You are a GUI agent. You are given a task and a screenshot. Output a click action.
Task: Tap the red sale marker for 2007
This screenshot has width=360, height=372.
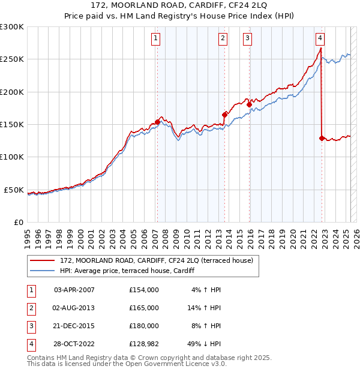point(157,122)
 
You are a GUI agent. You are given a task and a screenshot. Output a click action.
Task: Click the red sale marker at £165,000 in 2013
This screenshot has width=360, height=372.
point(224,115)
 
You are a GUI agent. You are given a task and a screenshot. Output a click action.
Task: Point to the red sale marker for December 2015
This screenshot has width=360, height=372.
point(249,105)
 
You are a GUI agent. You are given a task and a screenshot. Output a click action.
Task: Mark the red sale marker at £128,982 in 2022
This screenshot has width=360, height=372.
point(322,138)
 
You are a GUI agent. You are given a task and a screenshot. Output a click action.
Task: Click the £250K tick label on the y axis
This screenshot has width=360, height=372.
point(12,59)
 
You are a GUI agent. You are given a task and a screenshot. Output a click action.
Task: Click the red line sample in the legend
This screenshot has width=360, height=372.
point(43,260)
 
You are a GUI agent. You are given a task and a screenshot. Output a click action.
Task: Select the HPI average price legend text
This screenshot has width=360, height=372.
point(127,271)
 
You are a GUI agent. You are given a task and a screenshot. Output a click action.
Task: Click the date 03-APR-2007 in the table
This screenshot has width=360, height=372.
point(74,290)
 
